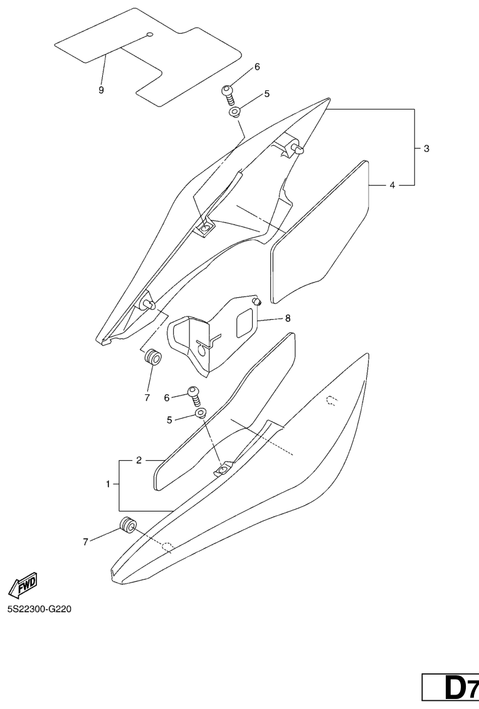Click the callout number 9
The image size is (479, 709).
[102, 90]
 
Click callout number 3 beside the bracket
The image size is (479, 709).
[426, 149]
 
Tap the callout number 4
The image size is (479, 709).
[392, 185]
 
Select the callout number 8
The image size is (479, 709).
[288, 318]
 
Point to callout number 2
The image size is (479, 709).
[139, 460]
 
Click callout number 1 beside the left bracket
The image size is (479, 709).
[108, 485]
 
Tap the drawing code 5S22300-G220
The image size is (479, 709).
[39, 609]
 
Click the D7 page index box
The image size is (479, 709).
[451, 688]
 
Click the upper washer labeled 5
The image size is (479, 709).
[234, 112]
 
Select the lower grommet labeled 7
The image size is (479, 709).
[127, 525]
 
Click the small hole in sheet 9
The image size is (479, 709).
[150, 34]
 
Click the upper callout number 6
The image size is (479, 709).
[257, 67]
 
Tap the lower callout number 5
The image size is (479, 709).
[170, 420]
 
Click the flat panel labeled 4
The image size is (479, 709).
[320, 231]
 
